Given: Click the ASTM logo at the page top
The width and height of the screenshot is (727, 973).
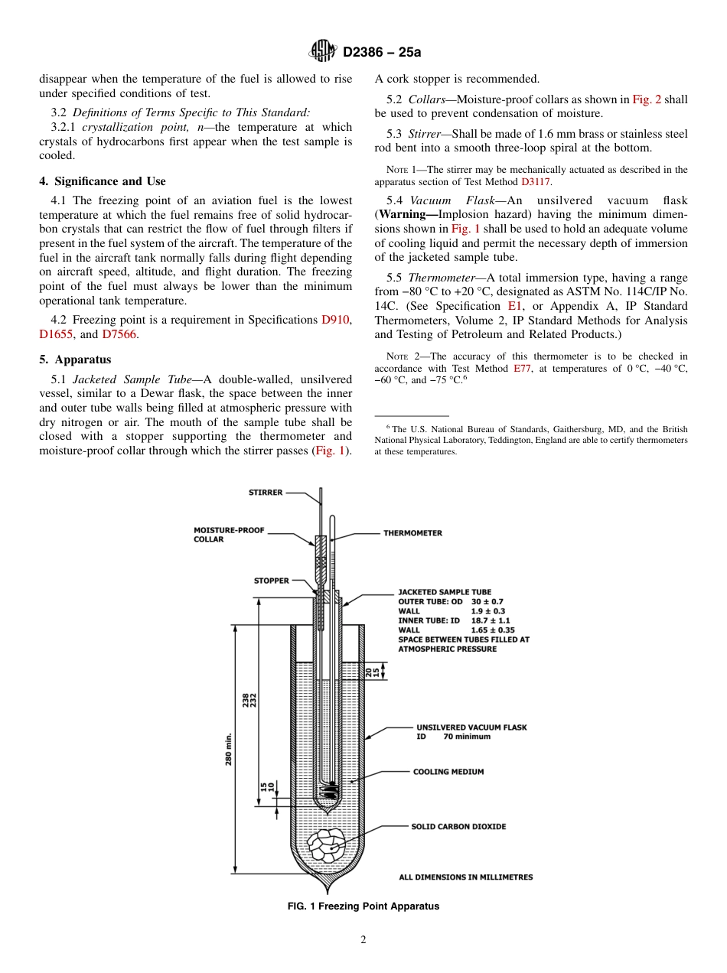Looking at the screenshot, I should (x=321, y=52).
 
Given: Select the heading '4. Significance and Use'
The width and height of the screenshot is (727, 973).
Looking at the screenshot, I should (x=102, y=181).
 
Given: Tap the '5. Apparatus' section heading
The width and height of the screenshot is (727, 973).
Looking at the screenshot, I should (x=75, y=360).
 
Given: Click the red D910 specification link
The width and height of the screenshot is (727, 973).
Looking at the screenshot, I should (x=337, y=320).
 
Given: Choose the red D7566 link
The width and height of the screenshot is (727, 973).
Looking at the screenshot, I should (x=119, y=334).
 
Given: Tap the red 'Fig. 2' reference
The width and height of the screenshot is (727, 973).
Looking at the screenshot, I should (x=647, y=99).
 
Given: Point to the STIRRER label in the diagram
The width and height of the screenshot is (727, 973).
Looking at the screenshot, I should (x=266, y=493).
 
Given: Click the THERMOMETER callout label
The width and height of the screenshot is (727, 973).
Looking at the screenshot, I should (x=412, y=533).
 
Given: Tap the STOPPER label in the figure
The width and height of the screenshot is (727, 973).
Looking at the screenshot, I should (x=272, y=581).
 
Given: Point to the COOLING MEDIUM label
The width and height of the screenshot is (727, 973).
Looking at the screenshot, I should (x=448, y=772).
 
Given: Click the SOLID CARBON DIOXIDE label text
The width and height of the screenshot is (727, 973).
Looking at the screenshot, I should (x=458, y=827).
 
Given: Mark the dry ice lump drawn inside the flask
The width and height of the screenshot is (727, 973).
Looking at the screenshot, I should (x=327, y=844).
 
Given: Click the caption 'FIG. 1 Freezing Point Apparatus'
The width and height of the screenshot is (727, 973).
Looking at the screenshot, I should (x=363, y=906).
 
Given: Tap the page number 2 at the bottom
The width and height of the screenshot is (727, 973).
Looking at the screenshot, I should (x=363, y=940).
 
